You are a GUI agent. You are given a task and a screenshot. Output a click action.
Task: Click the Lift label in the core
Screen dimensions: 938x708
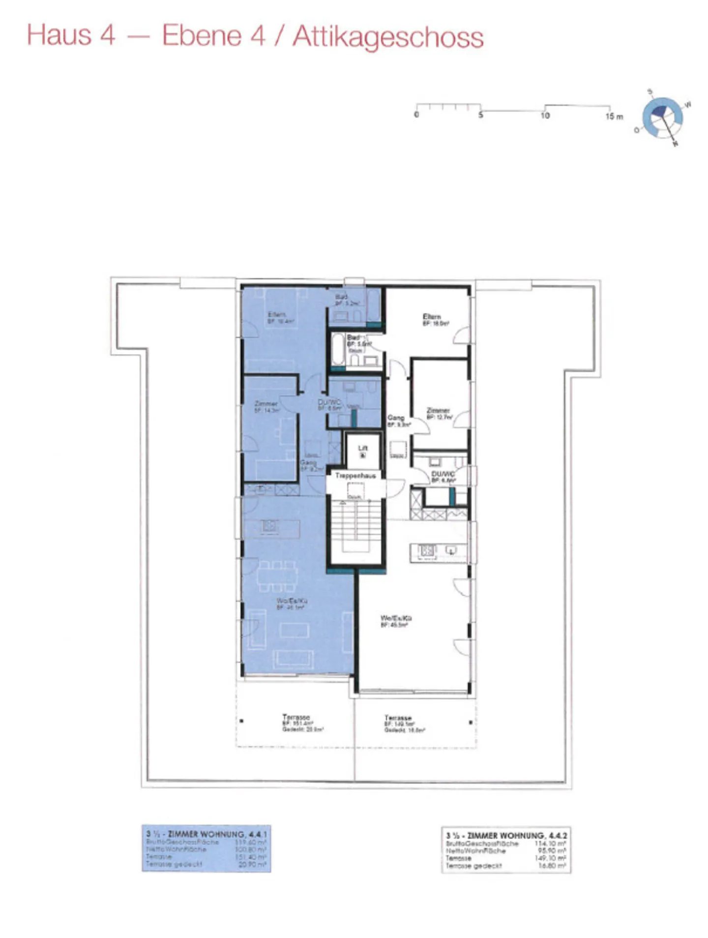363,448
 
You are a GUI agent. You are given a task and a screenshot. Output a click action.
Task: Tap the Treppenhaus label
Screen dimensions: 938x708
355,476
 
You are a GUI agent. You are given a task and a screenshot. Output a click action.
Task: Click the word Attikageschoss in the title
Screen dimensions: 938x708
388,37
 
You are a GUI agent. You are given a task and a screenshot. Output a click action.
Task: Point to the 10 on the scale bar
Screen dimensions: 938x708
545,116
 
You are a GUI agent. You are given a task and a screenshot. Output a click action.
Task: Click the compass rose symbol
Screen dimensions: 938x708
662,118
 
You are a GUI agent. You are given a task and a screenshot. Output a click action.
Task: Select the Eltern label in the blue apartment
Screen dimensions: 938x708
277,314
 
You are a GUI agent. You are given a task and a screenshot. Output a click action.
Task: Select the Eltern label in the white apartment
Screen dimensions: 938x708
432,317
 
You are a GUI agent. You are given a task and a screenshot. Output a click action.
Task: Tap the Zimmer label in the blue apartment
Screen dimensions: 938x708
266,404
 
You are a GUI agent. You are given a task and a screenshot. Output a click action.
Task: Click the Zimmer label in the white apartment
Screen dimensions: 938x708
438,410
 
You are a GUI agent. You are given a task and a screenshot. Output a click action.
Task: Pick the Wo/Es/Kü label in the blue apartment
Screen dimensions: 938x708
292,601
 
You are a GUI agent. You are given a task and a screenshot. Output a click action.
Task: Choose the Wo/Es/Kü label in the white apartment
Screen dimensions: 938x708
396,618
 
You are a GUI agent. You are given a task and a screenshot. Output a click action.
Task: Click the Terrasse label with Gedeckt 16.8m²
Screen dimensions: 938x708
398,718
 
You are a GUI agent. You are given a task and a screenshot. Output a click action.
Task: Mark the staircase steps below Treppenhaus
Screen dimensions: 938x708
355,521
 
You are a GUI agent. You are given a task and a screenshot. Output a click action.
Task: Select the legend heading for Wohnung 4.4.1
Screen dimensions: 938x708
206,834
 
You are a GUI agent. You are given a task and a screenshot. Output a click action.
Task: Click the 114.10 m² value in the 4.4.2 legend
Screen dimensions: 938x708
550,843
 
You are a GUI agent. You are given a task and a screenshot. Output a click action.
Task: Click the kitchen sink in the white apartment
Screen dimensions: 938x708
450,550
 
